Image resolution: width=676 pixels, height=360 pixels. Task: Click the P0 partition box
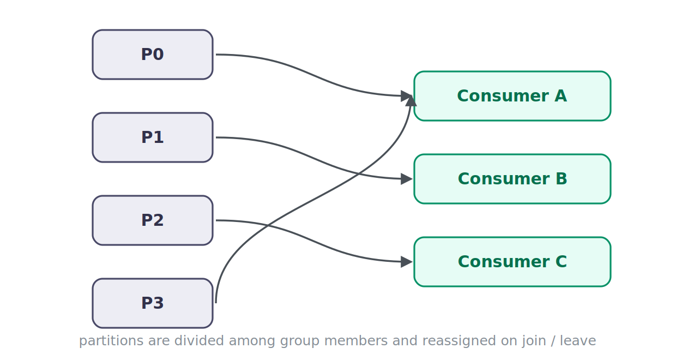pyautogui.click(x=153, y=55)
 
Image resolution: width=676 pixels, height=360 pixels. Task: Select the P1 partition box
pyautogui.click(x=153, y=137)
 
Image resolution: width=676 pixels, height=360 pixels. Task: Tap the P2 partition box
pyautogui.click(x=153, y=220)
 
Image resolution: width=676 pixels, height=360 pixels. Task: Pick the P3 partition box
pyautogui.click(x=153, y=303)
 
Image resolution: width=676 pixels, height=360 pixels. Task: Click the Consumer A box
pyautogui.click(x=512, y=96)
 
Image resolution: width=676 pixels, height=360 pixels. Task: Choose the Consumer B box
pyautogui.click(x=512, y=179)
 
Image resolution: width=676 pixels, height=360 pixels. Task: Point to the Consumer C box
pyautogui.click(x=512, y=261)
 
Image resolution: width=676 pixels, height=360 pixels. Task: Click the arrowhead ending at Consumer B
pyautogui.click(x=407, y=179)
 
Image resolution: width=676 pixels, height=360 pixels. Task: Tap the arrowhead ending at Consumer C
pyautogui.click(x=407, y=262)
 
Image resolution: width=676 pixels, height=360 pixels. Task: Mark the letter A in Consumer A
pyautogui.click(x=560, y=96)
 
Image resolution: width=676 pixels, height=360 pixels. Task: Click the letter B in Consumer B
pyautogui.click(x=561, y=179)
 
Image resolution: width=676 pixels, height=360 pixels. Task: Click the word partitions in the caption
pyautogui.click(x=111, y=341)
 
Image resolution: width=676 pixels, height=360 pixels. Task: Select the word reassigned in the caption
pyautogui.click(x=459, y=341)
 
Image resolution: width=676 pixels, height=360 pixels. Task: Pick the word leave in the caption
pyautogui.click(x=578, y=341)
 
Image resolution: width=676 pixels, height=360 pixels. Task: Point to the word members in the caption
pyautogui.click(x=356, y=341)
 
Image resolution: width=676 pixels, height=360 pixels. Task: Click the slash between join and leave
pyautogui.click(x=553, y=341)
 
